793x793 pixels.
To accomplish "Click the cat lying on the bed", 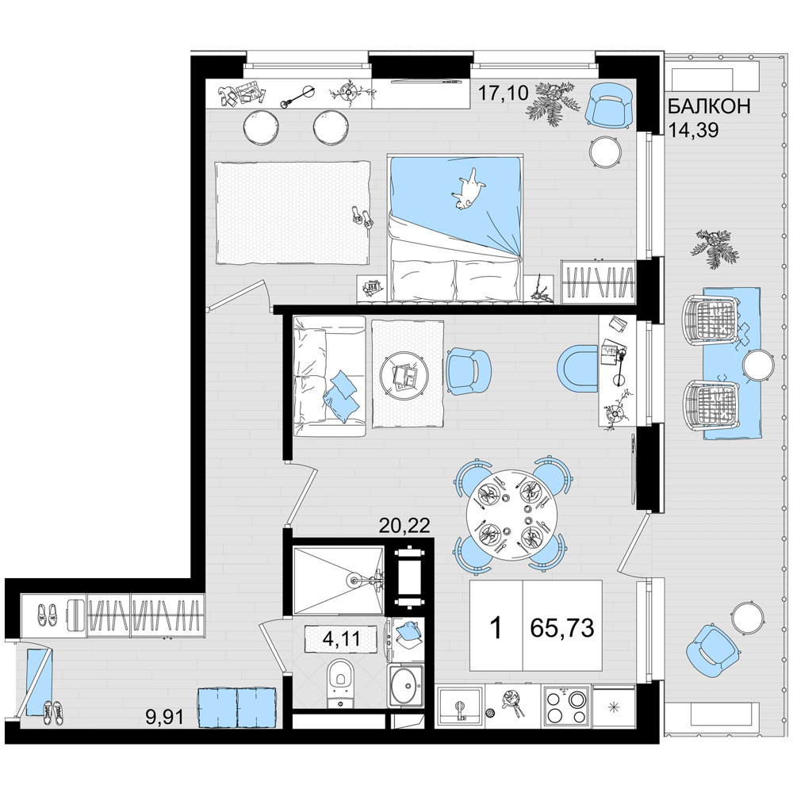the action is point(468,189).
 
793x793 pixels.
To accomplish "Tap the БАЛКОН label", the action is point(708,107).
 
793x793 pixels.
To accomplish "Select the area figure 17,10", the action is point(503,93).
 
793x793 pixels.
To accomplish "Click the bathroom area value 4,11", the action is point(341,638).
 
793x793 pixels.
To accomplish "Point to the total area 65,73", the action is point(562,628).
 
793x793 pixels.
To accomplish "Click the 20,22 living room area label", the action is point(404,527).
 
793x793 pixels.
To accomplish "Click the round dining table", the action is point(512,515).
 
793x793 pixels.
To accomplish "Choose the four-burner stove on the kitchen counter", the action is point(566,707).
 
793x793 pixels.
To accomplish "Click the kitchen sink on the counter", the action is point(460,707).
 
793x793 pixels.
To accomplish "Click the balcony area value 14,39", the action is point(693,131).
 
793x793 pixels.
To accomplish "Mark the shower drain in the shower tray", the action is point(353,578).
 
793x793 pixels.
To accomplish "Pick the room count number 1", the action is point(496,629).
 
